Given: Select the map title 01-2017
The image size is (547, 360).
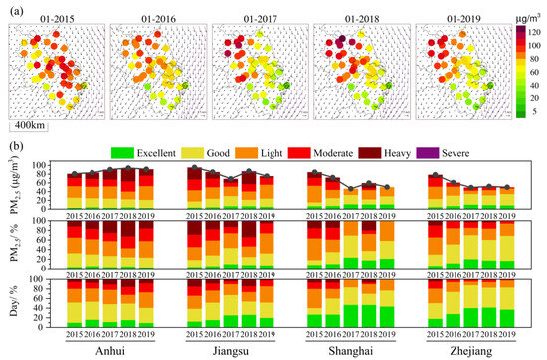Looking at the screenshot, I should coord(259,16).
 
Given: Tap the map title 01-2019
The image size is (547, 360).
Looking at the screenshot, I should coord(461,16).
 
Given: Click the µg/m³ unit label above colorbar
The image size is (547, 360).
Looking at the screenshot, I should coord(528,15).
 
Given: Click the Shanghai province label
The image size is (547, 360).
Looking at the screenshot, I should coord(351,349).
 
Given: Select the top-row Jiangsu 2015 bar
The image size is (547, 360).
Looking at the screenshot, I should coord(194,188).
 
